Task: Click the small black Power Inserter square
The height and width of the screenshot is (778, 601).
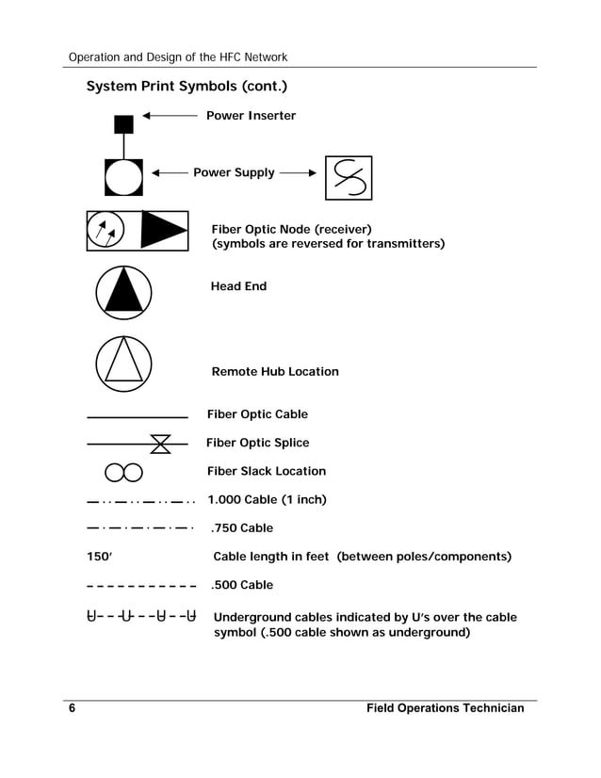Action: pos(123,124)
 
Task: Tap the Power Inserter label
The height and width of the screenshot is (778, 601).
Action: pos(251,116)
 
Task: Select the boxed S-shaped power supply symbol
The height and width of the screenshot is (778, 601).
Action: pos(348,178)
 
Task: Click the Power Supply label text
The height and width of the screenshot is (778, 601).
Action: pos(234,172)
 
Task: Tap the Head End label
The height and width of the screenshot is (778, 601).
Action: pos(238,286)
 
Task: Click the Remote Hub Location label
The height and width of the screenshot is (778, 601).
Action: pos(274,371)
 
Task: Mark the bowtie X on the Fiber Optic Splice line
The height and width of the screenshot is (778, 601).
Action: pos(160,443)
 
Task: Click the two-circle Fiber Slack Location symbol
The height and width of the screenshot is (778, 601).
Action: pos(123,472)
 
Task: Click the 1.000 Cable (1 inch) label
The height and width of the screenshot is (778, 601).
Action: pos(267,499)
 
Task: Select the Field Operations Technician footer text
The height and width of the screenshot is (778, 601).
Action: pos(445,708)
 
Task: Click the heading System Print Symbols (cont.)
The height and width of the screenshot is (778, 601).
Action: pos(187,88)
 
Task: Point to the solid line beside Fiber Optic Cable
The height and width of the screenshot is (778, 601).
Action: pos(137,415)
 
